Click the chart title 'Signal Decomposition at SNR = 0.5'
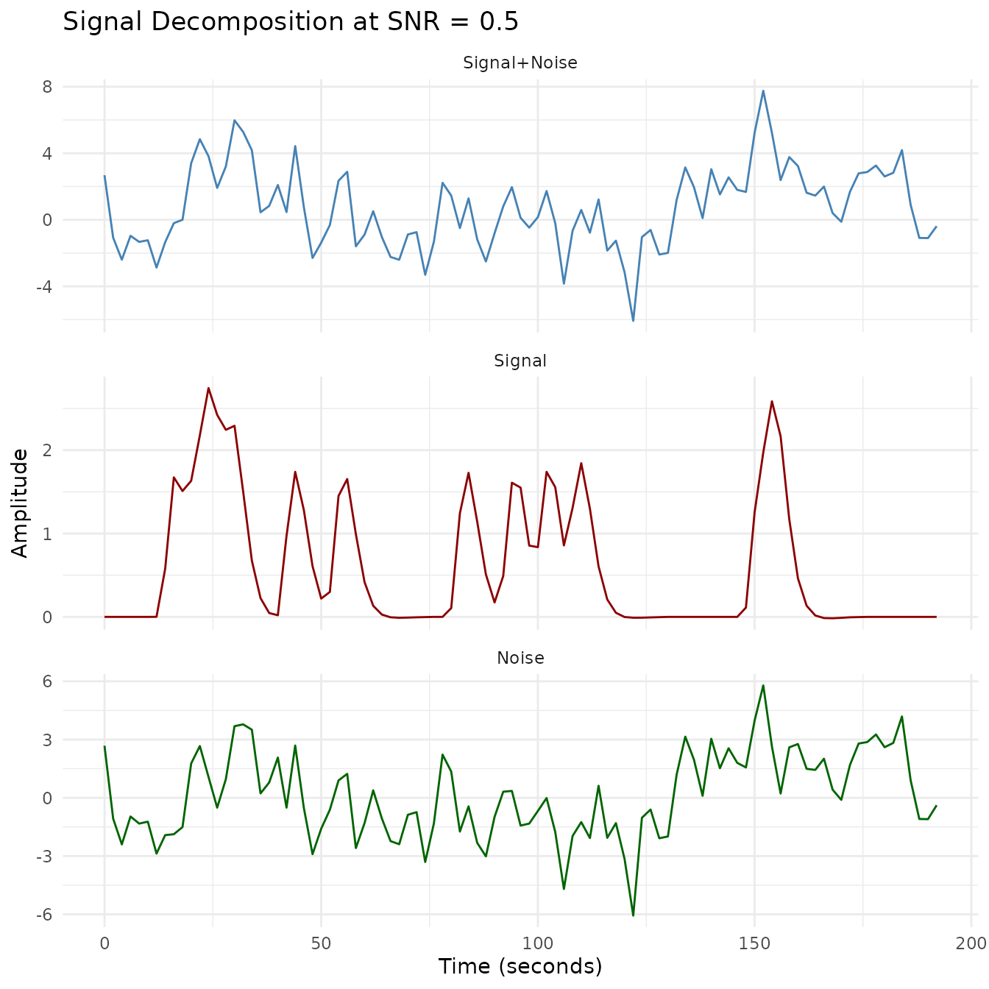(291, 22)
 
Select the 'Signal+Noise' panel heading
(520, 63)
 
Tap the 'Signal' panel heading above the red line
(520, 361)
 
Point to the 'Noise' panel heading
(520, 658)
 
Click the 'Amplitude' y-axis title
(21, 503)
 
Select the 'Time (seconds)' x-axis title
(520, 966)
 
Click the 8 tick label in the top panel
(48, 87)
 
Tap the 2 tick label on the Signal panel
(48, 450)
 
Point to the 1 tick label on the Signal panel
(48, 534)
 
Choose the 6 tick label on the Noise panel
(48, 681)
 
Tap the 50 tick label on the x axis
(321, 943)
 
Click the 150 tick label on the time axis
(754, 943)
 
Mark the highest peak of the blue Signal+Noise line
(763, 91)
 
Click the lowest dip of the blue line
(633, 321)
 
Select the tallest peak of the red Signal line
(208, 388)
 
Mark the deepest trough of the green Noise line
(633, 915)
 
